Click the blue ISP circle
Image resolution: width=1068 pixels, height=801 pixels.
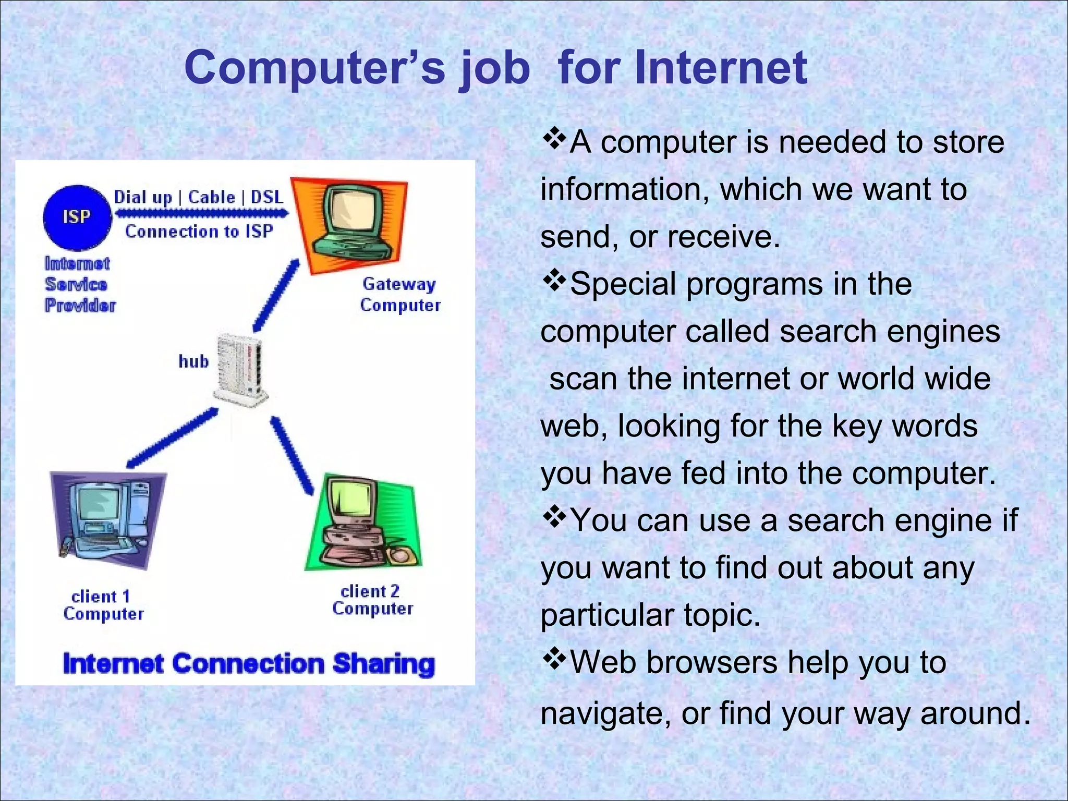(77, 217)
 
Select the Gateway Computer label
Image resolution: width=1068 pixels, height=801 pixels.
(400, 295)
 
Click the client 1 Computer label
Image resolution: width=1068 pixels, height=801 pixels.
(103, 605)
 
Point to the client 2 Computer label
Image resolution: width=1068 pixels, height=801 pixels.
(372, 600)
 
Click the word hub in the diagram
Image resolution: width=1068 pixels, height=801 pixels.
(193, 361)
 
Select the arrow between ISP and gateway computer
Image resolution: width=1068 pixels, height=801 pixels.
(201, 213)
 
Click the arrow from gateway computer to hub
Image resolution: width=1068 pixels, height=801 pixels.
(276, 296)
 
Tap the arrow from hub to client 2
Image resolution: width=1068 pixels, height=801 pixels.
(292, 455)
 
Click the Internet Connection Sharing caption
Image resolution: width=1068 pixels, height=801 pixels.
(249, 664)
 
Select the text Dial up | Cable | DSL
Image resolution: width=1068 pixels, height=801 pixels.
(199, 197)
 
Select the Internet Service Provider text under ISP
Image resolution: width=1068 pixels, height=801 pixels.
(79, 284)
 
